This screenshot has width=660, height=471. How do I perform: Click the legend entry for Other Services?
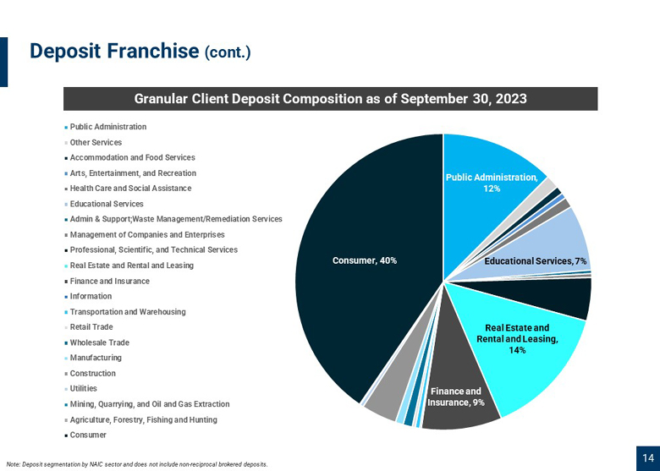point(93,143)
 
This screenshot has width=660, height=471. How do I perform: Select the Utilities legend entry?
point(81,389)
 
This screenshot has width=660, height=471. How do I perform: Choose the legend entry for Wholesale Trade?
point(96,342)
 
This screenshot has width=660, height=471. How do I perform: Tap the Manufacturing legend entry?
point(93,358)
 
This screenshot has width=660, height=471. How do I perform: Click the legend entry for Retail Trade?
point(89,327)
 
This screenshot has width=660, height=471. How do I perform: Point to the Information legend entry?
point(88,297)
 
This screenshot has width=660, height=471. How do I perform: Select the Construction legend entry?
point(90,374)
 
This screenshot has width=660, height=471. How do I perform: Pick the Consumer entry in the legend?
point(85,435)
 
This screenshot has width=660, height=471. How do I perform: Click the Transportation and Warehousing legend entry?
point(125,312)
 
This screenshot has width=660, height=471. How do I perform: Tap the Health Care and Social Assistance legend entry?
point(128,189)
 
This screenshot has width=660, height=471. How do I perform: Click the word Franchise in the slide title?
point(153,51)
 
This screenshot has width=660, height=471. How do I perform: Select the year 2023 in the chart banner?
point(511,98)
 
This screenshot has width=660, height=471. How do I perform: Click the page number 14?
point(648,458)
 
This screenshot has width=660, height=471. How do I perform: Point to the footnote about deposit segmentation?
point(137,465)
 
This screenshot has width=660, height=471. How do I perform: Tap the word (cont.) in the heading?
point(228,53)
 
